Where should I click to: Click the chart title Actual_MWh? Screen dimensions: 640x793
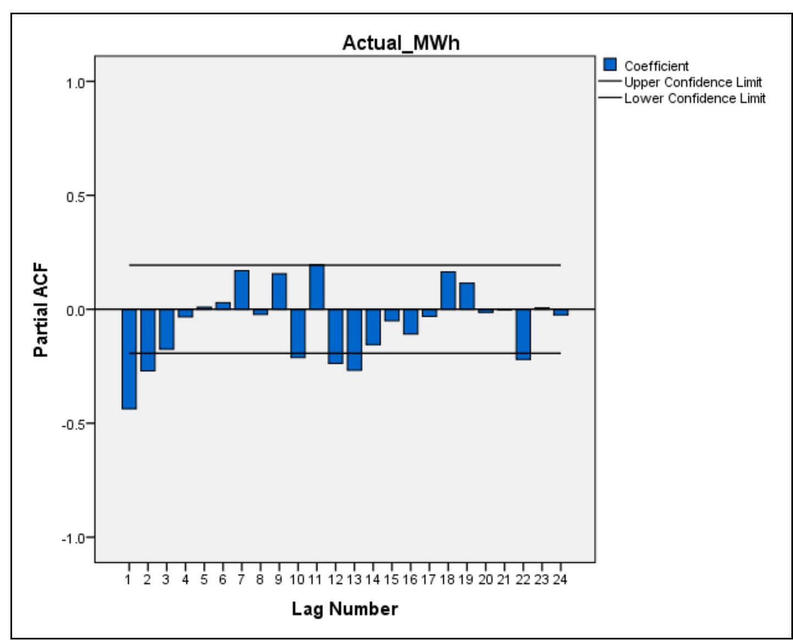(400, 43)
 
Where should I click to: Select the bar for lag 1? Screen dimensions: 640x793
(129, 359)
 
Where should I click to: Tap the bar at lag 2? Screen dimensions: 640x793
(148, 340)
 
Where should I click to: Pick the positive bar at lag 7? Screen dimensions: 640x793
(241, 289)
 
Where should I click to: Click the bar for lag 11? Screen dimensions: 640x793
(317, 287)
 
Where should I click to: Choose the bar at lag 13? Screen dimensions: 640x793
(354, 339)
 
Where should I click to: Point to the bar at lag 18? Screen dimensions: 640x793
(448, 290)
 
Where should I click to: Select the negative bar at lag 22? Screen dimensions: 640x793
(523, 334)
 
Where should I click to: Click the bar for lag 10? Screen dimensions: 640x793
(298, 333)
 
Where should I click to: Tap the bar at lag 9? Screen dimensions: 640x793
(279, 291)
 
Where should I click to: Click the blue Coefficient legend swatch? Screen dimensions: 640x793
(609, 65)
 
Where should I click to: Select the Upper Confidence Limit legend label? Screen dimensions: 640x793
(692, 83)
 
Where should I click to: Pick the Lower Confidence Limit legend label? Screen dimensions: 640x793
(694, 99)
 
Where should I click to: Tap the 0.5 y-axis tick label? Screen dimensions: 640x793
(76, 197)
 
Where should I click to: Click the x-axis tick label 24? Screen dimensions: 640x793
(560, 579)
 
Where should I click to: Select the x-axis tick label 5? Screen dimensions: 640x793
(203, 579)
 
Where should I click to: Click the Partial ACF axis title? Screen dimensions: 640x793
(41, 310)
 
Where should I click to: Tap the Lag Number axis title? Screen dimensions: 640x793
(344, 609)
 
